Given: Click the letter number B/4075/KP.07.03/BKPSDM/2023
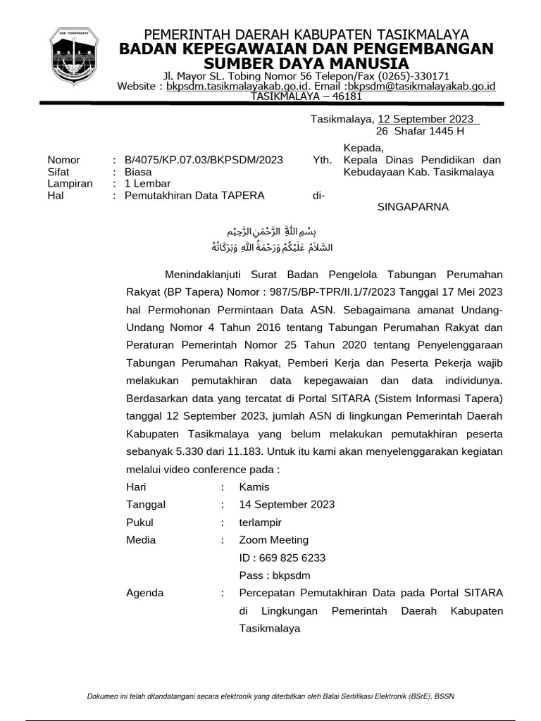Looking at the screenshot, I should tap(204, 160).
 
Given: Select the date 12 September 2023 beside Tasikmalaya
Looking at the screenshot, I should tap(425, 119).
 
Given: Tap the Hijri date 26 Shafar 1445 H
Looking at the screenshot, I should tap(420, 131).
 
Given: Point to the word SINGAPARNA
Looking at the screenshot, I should tap(413, 207).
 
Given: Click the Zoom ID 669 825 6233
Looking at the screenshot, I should tap(282, 558).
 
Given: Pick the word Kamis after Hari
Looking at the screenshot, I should tap(254, 487).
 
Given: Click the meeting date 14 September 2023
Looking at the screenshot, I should tap(287, 504).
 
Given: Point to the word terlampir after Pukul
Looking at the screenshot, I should tap(260, 522).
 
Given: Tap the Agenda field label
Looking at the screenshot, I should tap(144, 593).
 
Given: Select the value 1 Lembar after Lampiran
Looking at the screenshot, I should tap(143, 183).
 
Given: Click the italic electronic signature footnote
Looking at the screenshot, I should tap(270, 696).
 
